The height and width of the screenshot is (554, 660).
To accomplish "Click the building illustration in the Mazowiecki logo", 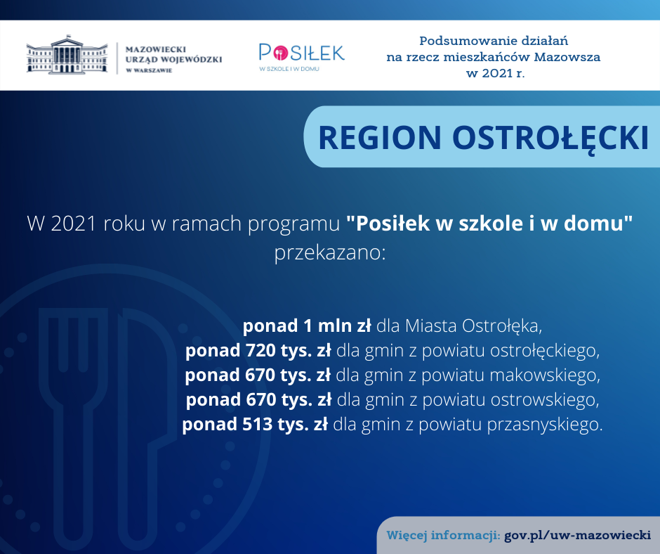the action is click(67, 55).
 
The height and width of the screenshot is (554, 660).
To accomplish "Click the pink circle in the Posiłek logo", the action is click(280, 53).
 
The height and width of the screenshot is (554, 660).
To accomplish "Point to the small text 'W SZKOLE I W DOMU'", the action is click(289, 69).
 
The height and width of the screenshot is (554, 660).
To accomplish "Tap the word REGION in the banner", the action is click(380, 138).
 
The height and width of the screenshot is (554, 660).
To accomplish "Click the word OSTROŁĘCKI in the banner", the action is click(550, 138).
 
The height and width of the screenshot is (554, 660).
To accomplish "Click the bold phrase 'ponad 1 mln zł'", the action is click(307, 326).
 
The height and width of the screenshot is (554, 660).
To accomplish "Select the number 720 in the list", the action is click(260, 350).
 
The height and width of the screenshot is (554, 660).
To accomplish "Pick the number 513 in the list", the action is click(257, 424).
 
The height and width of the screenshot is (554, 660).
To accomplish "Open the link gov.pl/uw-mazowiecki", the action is click(577, 535).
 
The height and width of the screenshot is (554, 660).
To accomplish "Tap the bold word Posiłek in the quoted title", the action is click(393, 223).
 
